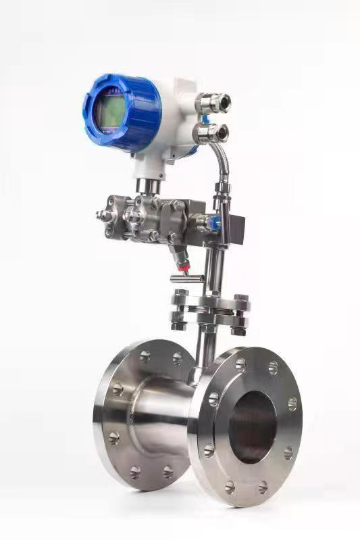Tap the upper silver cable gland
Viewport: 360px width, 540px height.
pyautogui.click(x=214, y=102)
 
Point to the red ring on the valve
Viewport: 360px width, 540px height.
pyautogui.click(x=180, y=267)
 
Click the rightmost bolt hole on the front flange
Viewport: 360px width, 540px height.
pyautogui.click(x=292, y=403)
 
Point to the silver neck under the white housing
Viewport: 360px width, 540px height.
pyautogui.click(x=149, y=185)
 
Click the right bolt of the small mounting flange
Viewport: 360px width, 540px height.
pyautogui.click(x=240, y=314)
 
